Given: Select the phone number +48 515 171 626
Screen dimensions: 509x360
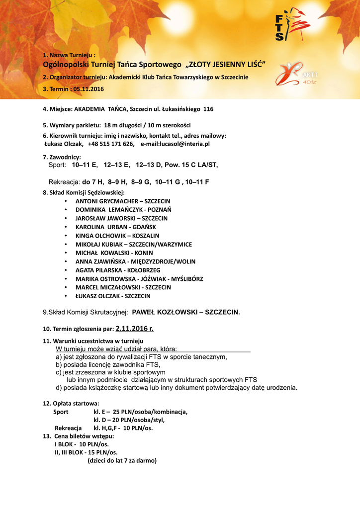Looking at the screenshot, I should click(111, 144).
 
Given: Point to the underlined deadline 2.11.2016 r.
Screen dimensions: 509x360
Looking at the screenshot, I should click(134, 329).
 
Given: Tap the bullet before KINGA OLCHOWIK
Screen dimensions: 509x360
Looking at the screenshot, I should click(66, 236).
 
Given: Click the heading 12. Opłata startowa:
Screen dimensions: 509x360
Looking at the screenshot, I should click(71, 403).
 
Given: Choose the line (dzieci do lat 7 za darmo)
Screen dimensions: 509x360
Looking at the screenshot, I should click(122, 460).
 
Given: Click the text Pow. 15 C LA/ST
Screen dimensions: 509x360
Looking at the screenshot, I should click(191, 165).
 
